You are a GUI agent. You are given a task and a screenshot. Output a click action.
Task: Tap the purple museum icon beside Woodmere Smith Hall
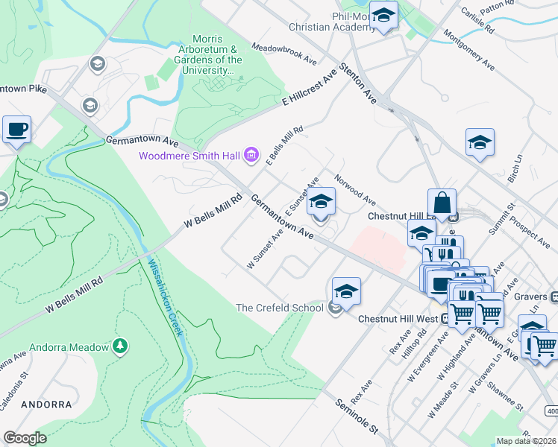click(x=251, y=156)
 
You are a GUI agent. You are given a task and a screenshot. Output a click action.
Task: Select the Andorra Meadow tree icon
click(x=119, y=346)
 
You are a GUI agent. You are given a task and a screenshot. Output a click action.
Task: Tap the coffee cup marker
click(x=16, y=130)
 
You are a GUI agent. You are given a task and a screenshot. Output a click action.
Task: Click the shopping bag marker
click(x=442, y=203)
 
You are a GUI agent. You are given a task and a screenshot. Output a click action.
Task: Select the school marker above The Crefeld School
click(x=346, y=291)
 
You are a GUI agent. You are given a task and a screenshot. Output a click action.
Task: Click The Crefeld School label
click(x=280, y=308)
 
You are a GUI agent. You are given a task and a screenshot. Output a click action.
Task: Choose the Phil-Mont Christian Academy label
click(x=333, y=22)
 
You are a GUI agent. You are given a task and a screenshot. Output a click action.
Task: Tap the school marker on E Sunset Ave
click(x=321, y=202)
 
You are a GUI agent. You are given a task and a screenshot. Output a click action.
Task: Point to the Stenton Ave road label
click(x=358, y=83)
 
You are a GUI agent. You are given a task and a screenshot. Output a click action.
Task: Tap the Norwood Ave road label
click(x=355, y=189)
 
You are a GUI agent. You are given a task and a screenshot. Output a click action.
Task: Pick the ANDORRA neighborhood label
click(x=46, y=405)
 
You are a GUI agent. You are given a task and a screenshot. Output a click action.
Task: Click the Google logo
click(x=25, y=438)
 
